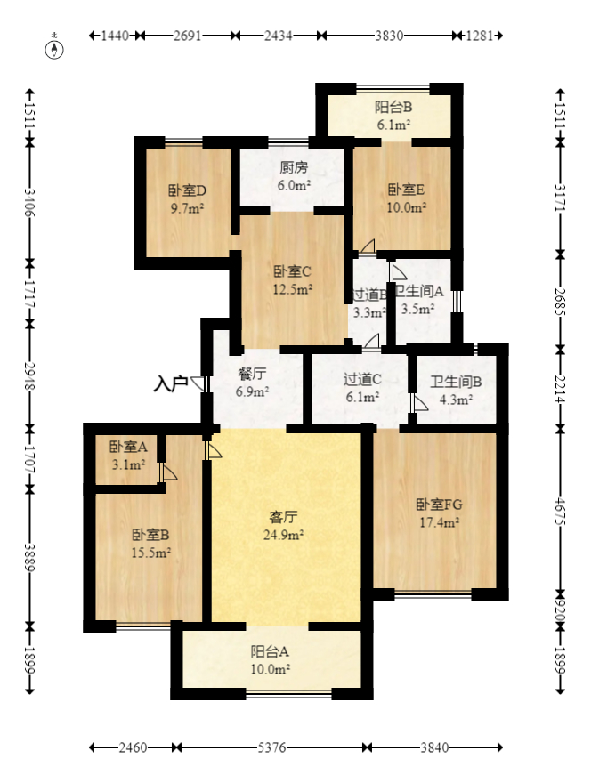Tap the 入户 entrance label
click(170, 384)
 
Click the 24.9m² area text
click(284, 535)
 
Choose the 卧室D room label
click(187, 190)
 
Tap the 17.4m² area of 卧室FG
click(439, 523)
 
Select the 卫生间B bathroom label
click(456, 383)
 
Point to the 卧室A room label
click(127, 448)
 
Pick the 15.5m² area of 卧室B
click(150, 553)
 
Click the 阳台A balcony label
click(270, 650)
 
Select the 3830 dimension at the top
click(389, 36)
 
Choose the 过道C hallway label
click(362, 379)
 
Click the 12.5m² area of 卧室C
click(292, 289)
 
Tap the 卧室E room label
click(406, 190)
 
